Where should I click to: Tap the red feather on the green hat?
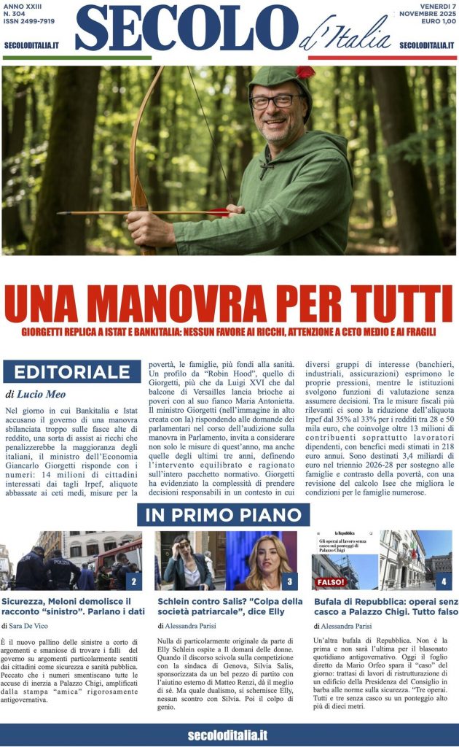pos(305,72)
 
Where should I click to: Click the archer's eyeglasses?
pos(275,101)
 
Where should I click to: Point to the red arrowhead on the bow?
pos(216,212)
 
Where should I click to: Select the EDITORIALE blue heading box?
pos(71,371)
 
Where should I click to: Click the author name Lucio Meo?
pos(37,394)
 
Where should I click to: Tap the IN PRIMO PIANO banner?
pos(223,514)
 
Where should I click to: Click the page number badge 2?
pos(133,581)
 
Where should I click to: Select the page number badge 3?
pos(289,581)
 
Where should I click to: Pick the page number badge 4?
pos(444,581)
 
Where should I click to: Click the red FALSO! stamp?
pos(329,581)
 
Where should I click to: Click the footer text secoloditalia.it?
pos(227,735)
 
